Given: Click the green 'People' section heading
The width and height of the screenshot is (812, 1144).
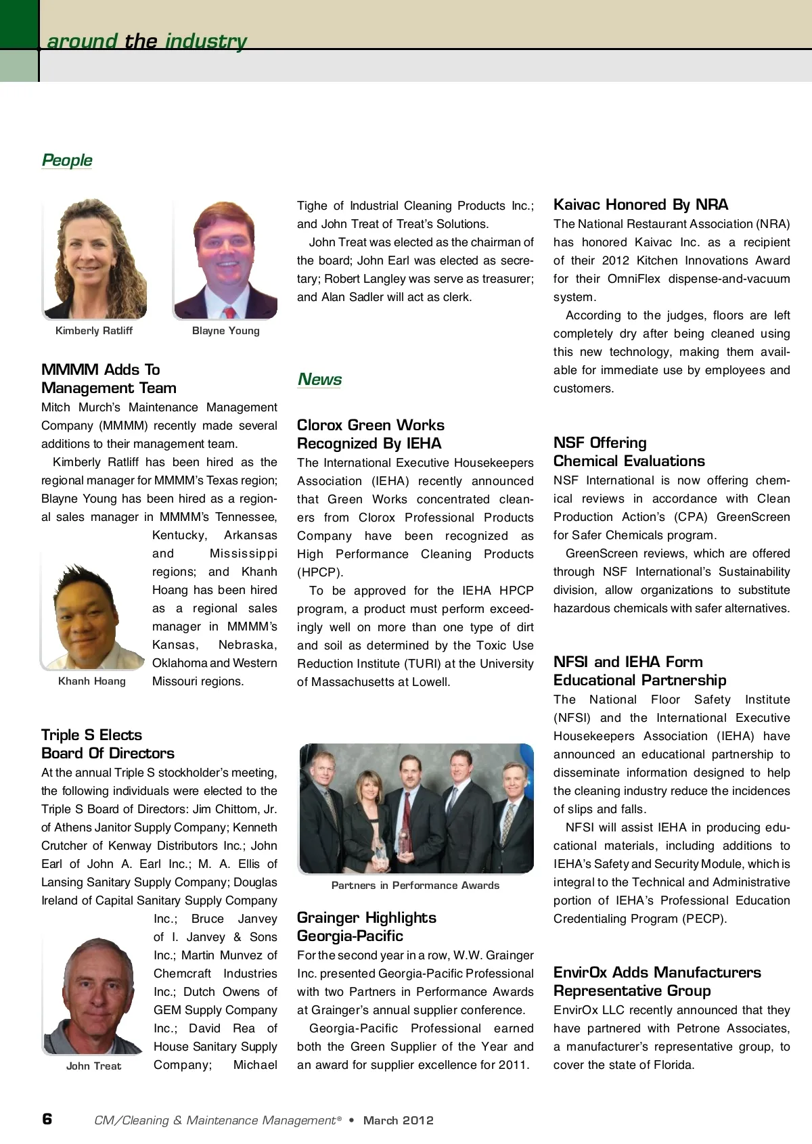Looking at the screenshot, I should [67, 160].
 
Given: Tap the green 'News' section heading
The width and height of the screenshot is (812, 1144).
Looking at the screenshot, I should [319, 380].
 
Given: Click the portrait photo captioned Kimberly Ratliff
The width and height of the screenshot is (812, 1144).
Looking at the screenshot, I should [95, 258].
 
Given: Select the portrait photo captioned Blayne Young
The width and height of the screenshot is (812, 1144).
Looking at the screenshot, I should [225, 258].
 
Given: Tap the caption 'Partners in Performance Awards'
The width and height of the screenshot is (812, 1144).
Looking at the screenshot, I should [415, 886].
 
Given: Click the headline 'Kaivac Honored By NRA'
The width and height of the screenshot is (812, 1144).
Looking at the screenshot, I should [641, 204].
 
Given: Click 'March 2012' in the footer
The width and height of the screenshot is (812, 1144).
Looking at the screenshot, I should [398, 1120].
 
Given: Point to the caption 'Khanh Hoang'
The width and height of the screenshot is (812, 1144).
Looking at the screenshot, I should [92, 681].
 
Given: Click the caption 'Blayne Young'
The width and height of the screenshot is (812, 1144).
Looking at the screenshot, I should [225, 331].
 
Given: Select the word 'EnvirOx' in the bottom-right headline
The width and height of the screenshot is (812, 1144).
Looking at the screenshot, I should [580, 972].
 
